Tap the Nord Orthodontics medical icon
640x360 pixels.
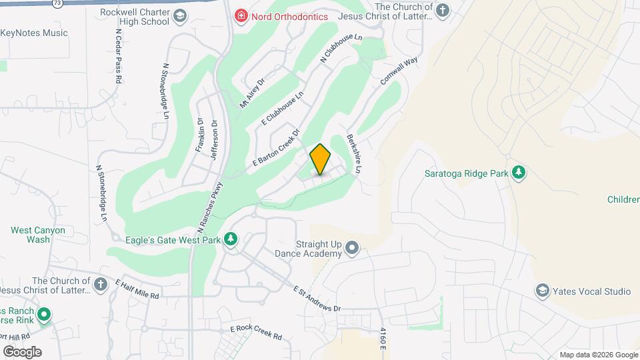point(239,16)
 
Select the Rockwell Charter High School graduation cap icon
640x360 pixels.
point(179,16)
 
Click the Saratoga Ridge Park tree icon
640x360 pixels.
point(519,173)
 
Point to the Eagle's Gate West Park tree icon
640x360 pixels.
point(231,239)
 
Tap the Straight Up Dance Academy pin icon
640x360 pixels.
point(353,249)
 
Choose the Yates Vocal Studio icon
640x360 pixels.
point(542,291)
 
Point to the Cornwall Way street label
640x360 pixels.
point(399,71)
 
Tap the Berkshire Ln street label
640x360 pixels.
point(353,155)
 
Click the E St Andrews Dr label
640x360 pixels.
point(317,298)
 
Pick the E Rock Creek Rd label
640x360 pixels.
point(256,332)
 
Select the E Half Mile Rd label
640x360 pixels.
point(138,289)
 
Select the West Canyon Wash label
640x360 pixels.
point(38,235)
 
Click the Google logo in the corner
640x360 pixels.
point(22,351)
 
